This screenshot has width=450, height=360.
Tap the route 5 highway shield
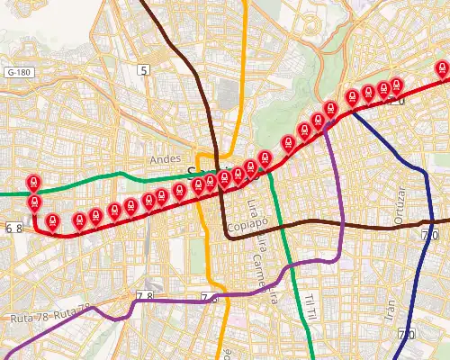click(142, 69)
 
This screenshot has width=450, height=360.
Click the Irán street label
click(389, 312)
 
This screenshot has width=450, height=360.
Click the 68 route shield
click(13, 229)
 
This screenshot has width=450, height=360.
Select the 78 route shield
click(145, 296)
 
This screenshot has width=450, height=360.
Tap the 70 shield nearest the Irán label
click(406, 335)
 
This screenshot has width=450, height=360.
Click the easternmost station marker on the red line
click(442, 68)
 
